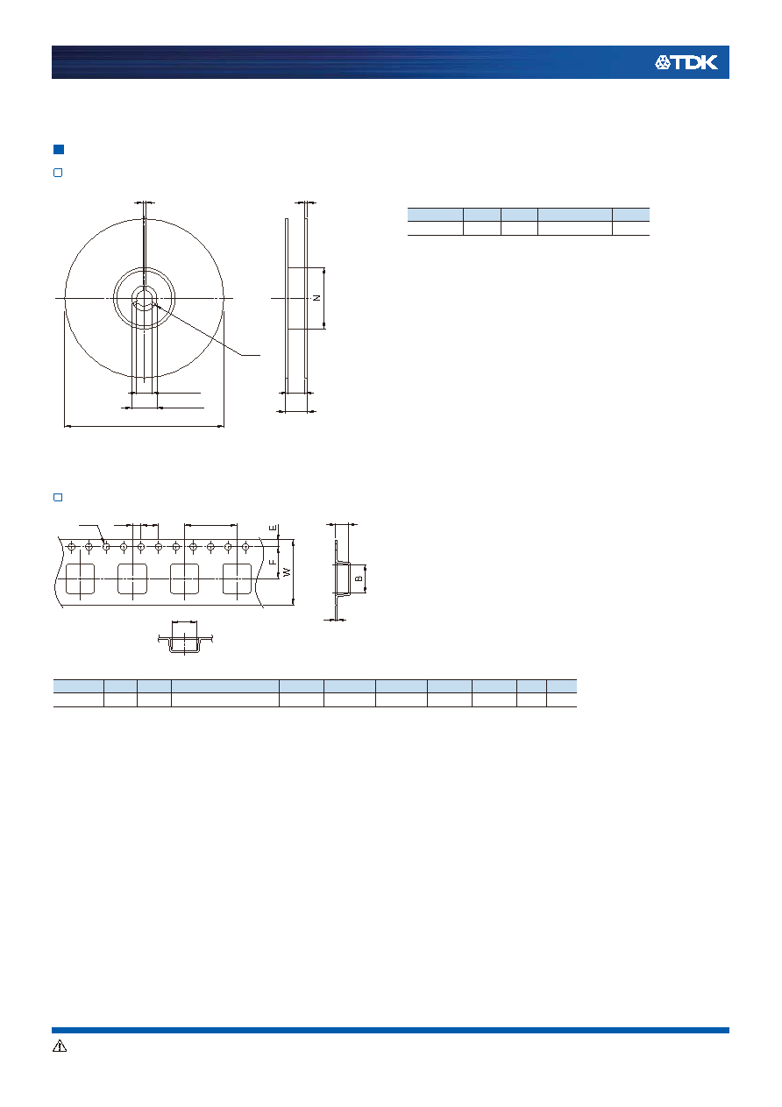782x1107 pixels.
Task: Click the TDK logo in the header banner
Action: pos(686,62)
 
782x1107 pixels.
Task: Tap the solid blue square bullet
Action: pos(59,149)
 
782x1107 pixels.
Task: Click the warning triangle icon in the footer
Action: pos(60,1046)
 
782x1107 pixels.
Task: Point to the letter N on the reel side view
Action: pos(316,298)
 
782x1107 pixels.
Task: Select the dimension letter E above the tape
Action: pos(273,528)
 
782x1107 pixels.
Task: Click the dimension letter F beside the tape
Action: pos(273,562)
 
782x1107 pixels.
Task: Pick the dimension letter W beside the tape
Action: pos(288,572)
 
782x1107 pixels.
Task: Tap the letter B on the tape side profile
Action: pos(359,578)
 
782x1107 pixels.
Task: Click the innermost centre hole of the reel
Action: pos(144,298)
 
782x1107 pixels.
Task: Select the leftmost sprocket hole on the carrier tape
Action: pos(72,546)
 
